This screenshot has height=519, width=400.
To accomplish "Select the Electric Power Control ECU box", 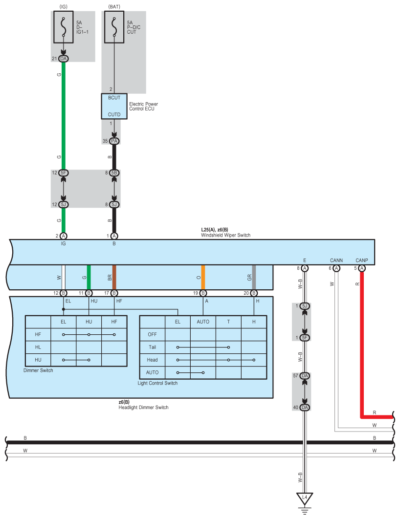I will (114, 106).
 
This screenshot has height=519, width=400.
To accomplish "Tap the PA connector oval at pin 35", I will (114, 141).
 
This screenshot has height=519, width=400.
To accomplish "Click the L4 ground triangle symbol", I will (305, 498).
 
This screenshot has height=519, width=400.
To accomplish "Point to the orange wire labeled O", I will (203, 277).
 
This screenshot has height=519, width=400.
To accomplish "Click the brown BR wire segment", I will (114, 277).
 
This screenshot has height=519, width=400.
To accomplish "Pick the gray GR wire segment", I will (254, 277).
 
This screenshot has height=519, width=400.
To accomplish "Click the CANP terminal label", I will (362, 260).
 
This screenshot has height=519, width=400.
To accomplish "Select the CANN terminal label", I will (336, 260).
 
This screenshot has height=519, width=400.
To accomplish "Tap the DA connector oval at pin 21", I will (63, 59).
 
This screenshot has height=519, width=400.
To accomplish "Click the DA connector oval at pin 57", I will (305, 376).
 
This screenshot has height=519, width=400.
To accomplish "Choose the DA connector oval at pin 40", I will (305, 408).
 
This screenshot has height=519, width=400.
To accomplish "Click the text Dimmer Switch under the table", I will (38, 370).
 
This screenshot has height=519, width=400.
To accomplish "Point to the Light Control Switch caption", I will (157, 383).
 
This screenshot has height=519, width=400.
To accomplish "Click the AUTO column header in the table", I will (203, 322).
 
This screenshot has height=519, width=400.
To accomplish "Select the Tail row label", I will (152, 347).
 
